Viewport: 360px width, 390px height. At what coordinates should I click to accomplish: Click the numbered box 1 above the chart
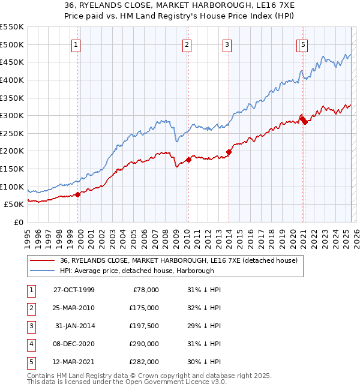click(x=77, y=44)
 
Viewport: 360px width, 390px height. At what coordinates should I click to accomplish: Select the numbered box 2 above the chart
click(x=187, y=44)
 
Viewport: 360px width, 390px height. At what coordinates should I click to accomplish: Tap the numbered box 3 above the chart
click(x=228, y=44)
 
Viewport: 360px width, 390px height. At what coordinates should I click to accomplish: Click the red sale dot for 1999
click(x=78, y=194)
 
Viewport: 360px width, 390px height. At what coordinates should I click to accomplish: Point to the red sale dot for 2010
click(x=188, y=160)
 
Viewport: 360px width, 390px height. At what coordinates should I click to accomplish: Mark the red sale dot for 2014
click(x=229, y=152)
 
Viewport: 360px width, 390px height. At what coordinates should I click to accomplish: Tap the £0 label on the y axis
click(x=18, y=223)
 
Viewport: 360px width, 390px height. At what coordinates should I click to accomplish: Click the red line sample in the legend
click(x=42, y=260)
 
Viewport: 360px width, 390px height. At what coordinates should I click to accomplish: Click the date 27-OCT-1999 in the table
click(x=74, y=290)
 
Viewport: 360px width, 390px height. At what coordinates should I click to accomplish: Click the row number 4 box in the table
click(x=30, y=344)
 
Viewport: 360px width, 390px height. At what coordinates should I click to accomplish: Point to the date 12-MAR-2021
click(x=74, y=362)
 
